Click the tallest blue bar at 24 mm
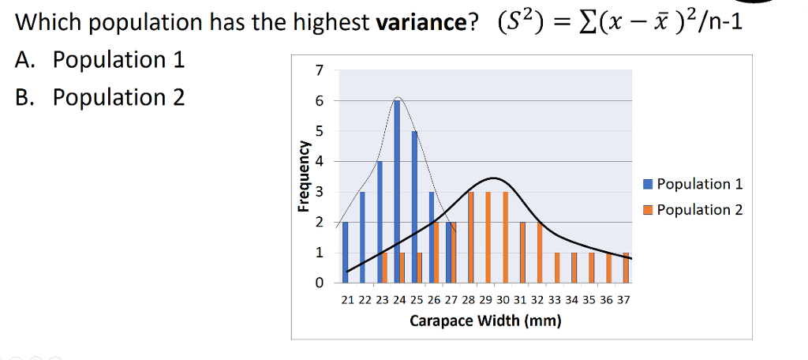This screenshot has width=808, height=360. [397, 191]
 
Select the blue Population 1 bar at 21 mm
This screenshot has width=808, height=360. [345, 252]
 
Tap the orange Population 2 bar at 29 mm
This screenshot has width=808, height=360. [488, 237]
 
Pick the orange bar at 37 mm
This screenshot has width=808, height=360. [626, 268]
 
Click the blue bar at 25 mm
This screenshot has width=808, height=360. [414, 206]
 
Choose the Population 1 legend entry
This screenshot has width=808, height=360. [694, 184]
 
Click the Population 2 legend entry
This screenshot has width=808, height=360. [694, 209]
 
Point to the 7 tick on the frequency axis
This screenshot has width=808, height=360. [319, 70]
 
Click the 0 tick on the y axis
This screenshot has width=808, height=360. [319, 282]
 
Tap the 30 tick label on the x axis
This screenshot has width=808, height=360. [503, 300]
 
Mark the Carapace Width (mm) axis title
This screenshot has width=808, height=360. [485, 321]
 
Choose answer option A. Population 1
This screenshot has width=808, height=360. [100, 60]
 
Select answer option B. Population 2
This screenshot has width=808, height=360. [100, 97]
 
